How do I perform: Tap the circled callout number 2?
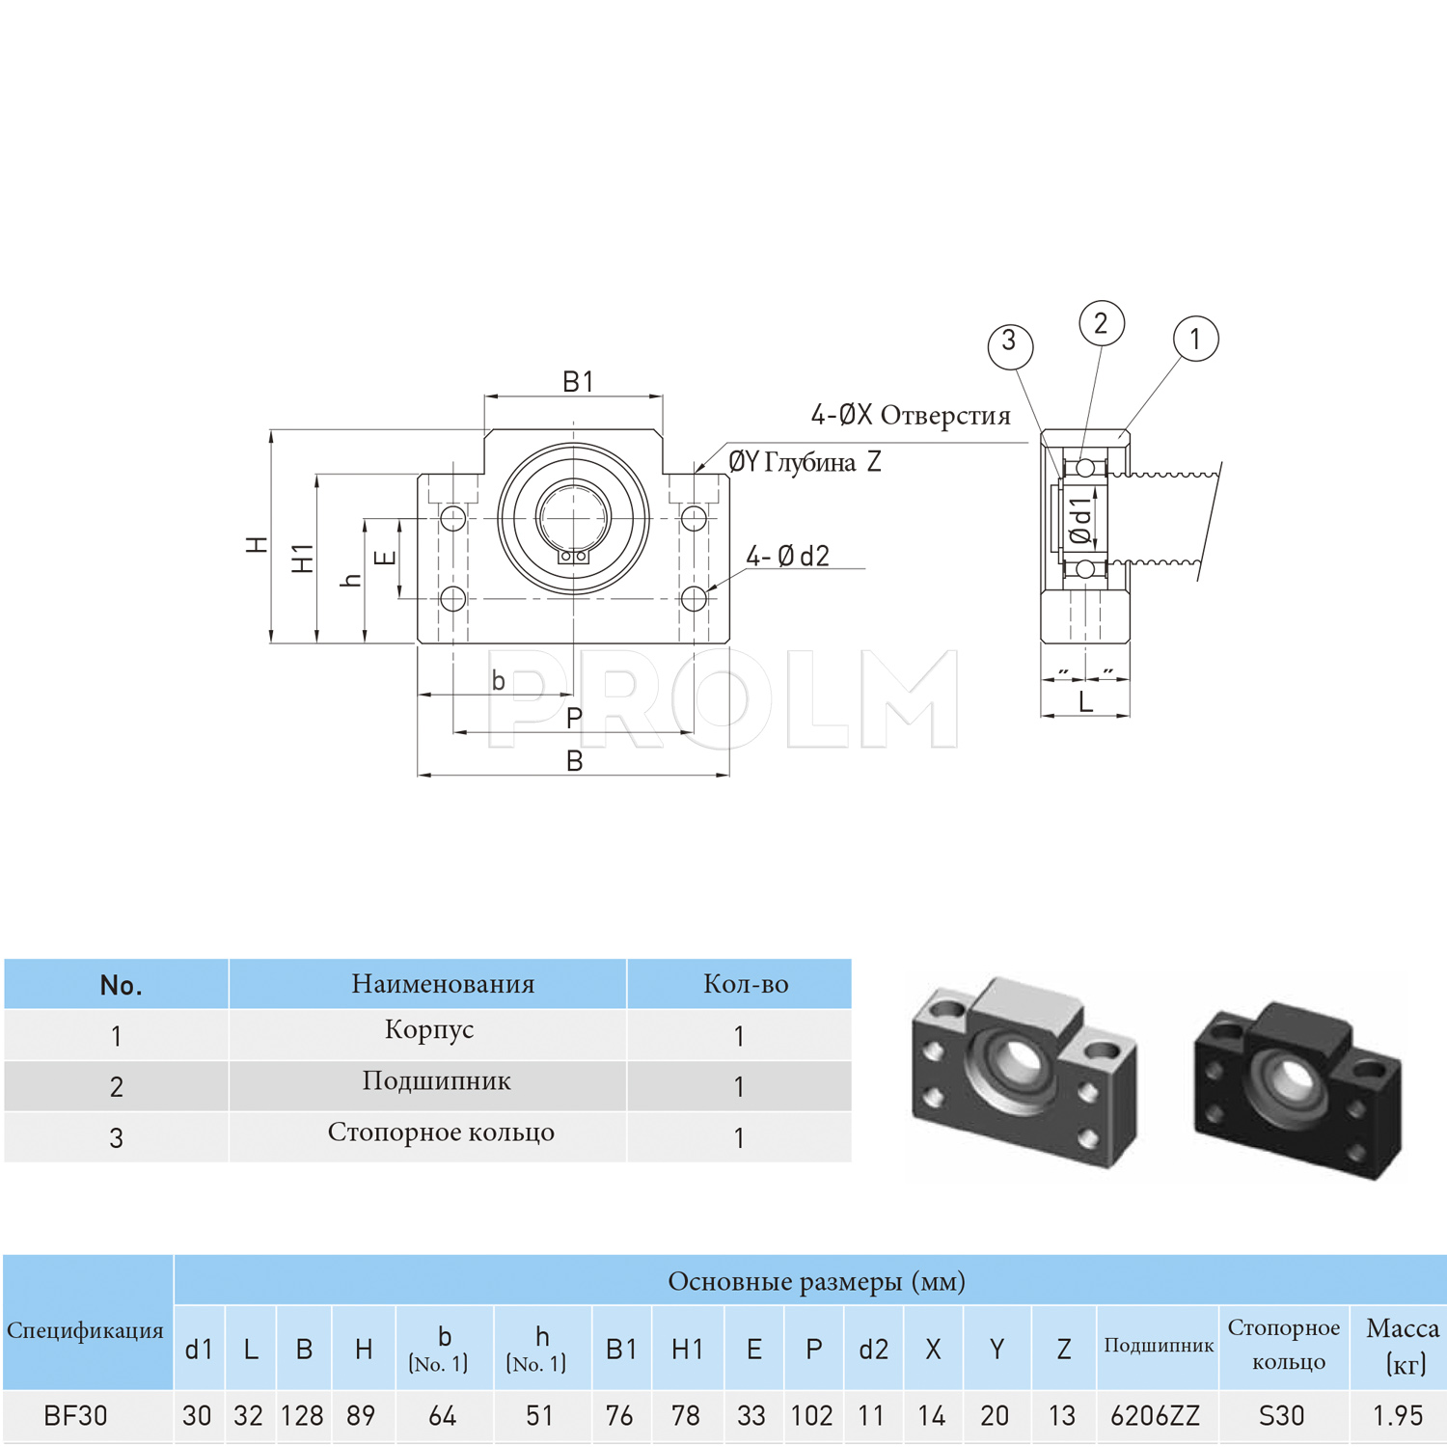(x=1101, y=323)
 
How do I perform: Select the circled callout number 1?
(x=1195, y=339)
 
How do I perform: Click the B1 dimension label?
(x=578, y=382)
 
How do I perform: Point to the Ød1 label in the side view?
(x=1082, y=520)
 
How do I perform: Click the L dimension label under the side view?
(x=1085, y=702)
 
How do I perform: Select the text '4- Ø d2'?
(x=787, y=557)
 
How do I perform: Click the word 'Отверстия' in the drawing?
(x=945, y=416)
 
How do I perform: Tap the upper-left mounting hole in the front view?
(x=452, y=519)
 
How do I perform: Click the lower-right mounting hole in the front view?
(x=694, y=599)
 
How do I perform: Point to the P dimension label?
(x=574, y=719)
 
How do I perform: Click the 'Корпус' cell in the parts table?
(x=429, y=1030)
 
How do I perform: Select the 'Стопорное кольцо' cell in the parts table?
(x=441, y=1133)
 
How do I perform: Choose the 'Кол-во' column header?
(x=746, y=984)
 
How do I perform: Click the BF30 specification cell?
(x=76, y=1415)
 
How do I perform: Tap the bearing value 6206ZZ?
(x=1155, y=1415)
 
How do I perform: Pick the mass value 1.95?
(x=1398, y=1415)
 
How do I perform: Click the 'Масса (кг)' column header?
(x=1403, y=1345)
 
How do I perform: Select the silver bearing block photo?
(x=1023, y=1071)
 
